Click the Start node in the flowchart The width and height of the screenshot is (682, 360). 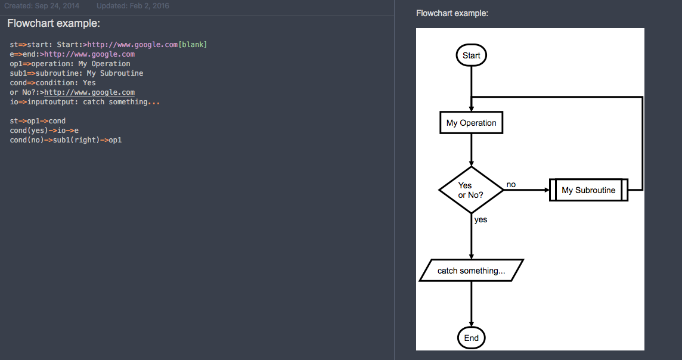point(471,55)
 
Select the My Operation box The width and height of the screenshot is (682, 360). point(471,123)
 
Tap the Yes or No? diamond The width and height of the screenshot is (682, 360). point(471,190)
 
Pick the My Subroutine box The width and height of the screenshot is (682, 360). point(588,190)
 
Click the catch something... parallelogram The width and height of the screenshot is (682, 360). point(471,271)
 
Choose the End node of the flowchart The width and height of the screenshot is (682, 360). point(471,338)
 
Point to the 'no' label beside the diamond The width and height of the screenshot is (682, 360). point(511,184)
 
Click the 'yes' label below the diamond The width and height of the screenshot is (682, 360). point(480,219)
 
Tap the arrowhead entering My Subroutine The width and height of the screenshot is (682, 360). point(547,190)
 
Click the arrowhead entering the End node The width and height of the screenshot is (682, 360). point(471,324)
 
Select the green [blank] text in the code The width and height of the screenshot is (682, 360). point(193,44)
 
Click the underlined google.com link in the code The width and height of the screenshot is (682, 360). point(89,92)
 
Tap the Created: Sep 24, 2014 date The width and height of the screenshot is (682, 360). point(42,5)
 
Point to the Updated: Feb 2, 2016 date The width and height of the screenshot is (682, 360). point(133,5)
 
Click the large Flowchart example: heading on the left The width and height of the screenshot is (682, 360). point(54,23)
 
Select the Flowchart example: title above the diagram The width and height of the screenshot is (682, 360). point(452,14)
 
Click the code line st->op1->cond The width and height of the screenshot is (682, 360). point(38,121)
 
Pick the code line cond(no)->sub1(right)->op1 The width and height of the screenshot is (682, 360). point(66,140)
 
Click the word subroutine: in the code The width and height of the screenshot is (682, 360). point(58,73)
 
